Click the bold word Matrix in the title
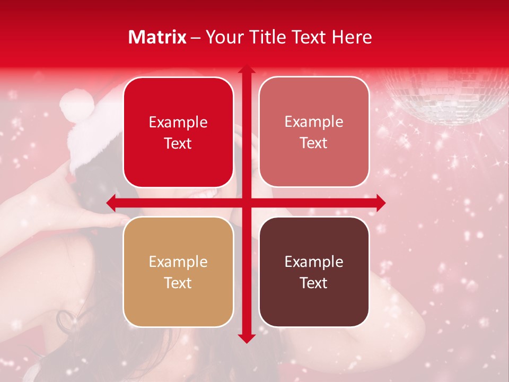pos(157,37)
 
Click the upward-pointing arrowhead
pos(246,70)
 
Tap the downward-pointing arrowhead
pos(246,338)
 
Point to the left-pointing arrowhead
pos(111,203)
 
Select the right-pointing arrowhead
pos(380,203)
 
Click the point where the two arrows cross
pos(246,203)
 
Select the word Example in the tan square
pos(178,262)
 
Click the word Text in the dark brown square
pos(314,283)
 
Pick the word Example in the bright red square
pos(178,122)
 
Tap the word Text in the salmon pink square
pos(314,143)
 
